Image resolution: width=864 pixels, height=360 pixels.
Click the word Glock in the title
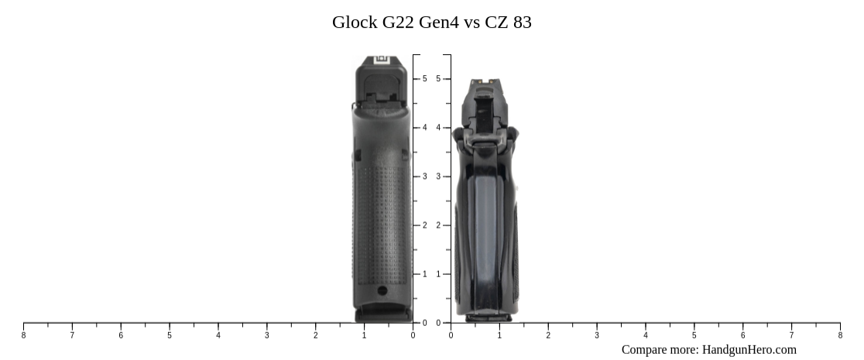[355, 22]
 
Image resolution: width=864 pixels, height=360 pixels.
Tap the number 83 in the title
[522, 22]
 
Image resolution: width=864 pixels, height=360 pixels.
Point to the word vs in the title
[472, 22]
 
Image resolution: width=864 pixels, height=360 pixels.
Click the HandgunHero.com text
[749, 350]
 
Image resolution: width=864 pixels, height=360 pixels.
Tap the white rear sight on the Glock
[381, 60]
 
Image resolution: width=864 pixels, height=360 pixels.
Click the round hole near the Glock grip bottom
[382, 290]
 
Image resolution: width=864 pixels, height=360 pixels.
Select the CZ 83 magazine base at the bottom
[488, 317]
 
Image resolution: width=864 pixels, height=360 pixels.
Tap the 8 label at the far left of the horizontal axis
[23, 335]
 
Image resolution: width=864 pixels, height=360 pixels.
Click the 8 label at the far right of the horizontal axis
[840, 335]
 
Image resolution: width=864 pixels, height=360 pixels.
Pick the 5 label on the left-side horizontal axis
[170, 335]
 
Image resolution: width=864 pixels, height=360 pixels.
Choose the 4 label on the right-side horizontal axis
[646, 335]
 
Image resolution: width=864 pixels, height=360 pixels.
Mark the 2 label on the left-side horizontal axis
[315, 335]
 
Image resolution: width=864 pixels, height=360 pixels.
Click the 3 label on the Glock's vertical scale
[424, 177]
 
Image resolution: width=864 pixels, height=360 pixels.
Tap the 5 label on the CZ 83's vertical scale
[438, 79]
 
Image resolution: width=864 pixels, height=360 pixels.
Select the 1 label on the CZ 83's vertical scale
[438, 274]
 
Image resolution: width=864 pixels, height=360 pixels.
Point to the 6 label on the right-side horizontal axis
[742, 335]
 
